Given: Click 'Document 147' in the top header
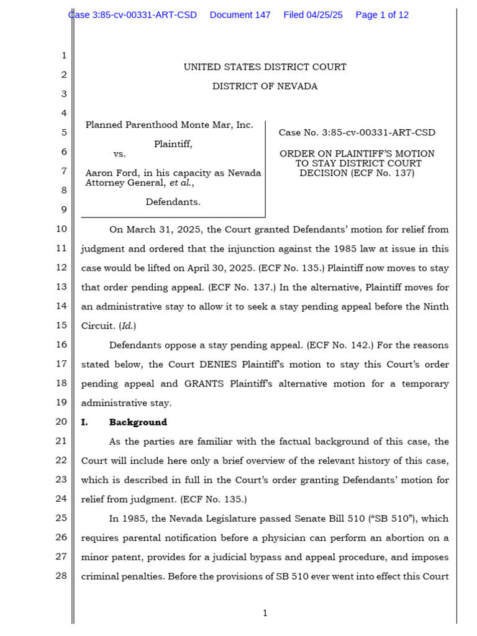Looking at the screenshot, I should (240, 15).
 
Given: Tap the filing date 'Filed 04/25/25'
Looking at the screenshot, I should (312, 15).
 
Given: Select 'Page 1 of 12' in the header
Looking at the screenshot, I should (382, 15).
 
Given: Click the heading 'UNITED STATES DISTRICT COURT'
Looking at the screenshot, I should (265, 67).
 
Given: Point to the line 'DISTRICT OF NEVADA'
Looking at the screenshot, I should (265, 86).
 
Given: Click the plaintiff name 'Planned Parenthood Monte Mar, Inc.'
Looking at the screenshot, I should (169, 125).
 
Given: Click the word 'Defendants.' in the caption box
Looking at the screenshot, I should (173, 202).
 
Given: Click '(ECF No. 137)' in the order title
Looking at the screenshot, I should (382, 173).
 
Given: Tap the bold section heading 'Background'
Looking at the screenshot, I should (138, 422).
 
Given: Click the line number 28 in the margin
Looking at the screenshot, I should (61, 576).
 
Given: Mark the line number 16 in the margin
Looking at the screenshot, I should (61, 345).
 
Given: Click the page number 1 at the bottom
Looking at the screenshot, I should (265, 614).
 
